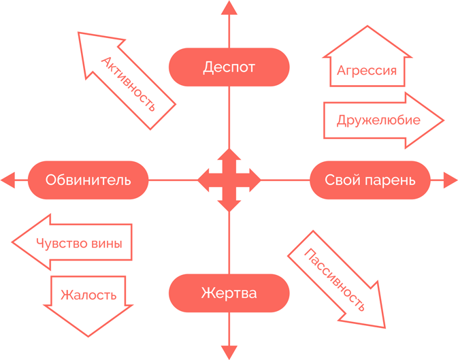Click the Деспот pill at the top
tap(229, 67)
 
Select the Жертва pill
tap(229, 293)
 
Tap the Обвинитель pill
tap(88, 180)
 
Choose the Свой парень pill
tap(370, 180)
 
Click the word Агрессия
tap(367, 71)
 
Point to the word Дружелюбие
tap(378, 120)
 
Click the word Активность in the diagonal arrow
tap(128, 84)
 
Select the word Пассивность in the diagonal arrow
tap(335, 280)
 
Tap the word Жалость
tap(88, 295)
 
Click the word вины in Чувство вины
tap(107, 244)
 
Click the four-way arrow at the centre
tap(229, 180)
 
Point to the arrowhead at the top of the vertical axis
tap(229, 8)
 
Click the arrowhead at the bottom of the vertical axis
tap(229, 353)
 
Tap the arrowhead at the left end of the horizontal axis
tap(8, 180)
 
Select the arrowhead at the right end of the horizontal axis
tap(451, 180)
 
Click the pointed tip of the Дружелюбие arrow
tap(444, 120)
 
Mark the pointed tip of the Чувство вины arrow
tap(12, 242)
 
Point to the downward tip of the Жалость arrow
tap(88, 337)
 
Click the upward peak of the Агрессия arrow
tap(367, 26)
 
